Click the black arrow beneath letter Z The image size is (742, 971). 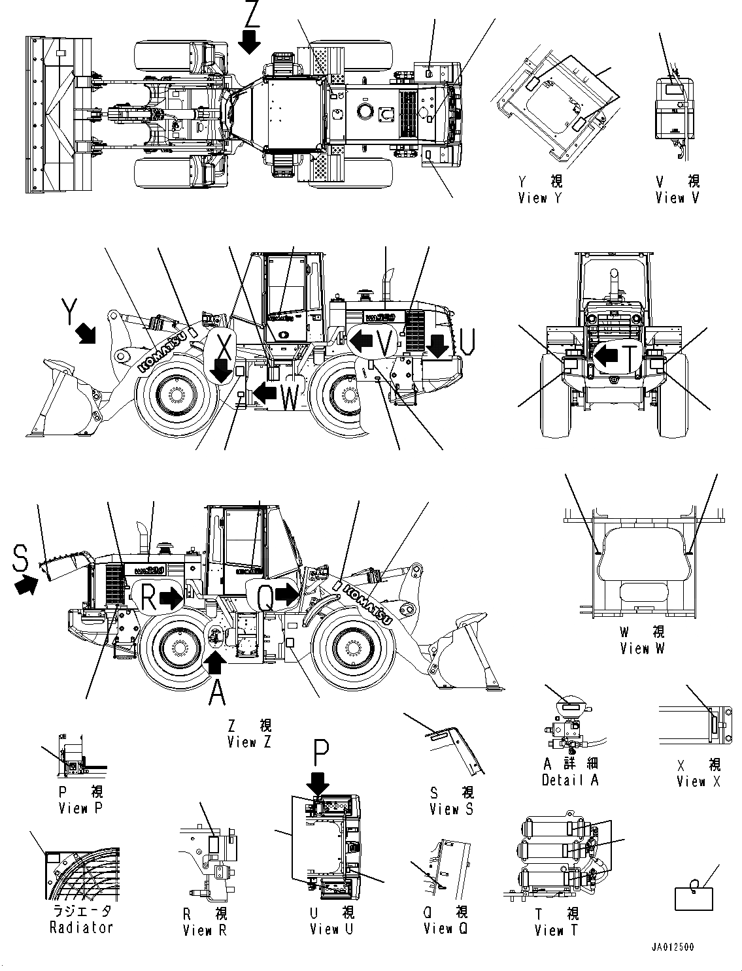click(x=249, y=43)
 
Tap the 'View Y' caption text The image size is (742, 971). click(x=539, y=198)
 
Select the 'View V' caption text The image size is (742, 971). click(x=677, y=198)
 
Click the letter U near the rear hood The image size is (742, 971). click(x=465, y=340)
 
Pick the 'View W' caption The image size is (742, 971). click(x=643, y=649)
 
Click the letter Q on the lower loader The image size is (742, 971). click(x=265, y=595)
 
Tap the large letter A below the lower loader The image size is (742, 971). click(x=218, y=693)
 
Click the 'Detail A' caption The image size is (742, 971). click(x=570, y=780)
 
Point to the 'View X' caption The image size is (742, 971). click(x=698, y=782)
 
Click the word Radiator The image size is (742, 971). click(x=81, y=927)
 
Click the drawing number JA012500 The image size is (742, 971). click(x=673, y=946)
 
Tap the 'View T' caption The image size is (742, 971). click(x=556, y=930)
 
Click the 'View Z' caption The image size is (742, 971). click(x=249, y=742)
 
